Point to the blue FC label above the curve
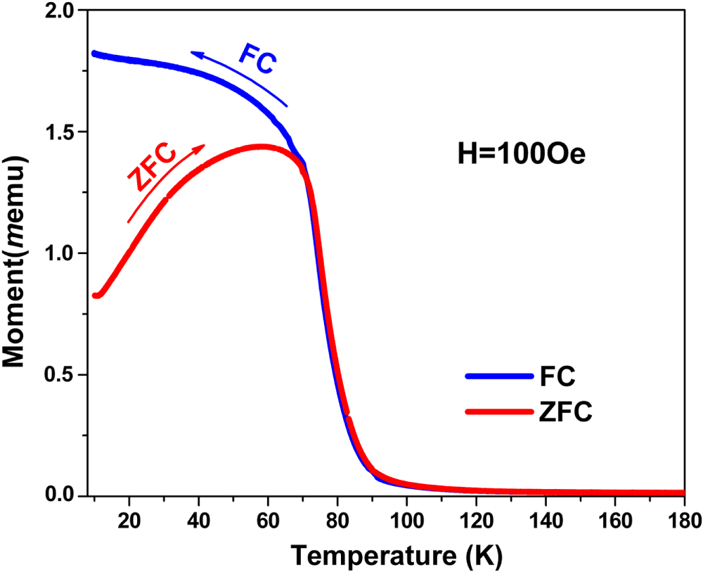click(258, 60)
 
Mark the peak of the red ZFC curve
click(262, 146)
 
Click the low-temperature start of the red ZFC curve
click(96, 295)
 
